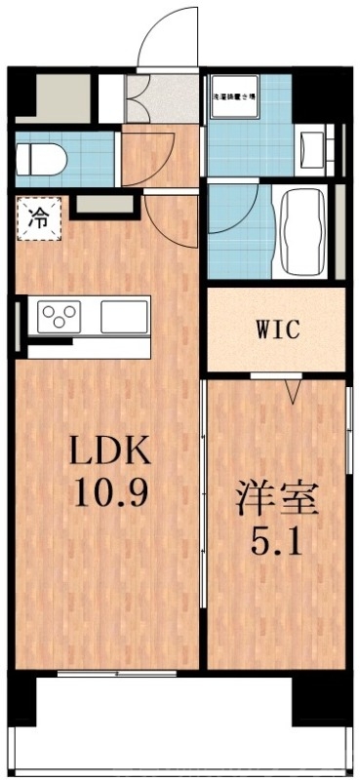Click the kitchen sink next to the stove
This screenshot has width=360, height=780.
pyautogui.click(x=122, y=317)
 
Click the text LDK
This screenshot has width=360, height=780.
pyautogui.click(x=109, y=450)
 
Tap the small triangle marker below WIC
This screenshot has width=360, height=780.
pyautogui.click(x=292, y=392)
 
